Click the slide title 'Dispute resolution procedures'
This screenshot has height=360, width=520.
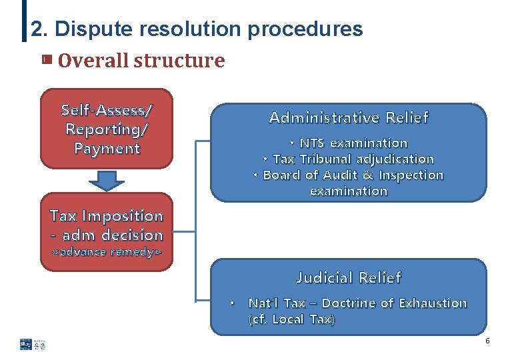(209, 29)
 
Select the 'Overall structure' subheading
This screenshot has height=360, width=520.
(141, 61)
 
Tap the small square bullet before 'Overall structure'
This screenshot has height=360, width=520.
(45, 60)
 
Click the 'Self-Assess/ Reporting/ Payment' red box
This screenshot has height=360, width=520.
(107, 129)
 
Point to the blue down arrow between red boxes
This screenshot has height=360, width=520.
(107, 179)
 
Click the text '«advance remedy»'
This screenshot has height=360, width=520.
(107, 253)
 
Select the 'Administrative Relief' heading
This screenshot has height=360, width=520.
(349, 118)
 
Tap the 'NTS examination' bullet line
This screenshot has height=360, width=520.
(349, 143)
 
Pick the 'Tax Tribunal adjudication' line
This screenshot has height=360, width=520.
(349, 159)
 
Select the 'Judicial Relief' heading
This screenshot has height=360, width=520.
(349, 277)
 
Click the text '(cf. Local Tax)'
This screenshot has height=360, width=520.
(291, 319)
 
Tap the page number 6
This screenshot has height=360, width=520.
(487, 341)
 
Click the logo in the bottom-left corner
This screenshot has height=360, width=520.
(33, 344)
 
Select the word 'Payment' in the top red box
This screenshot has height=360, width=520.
(107, 148)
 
